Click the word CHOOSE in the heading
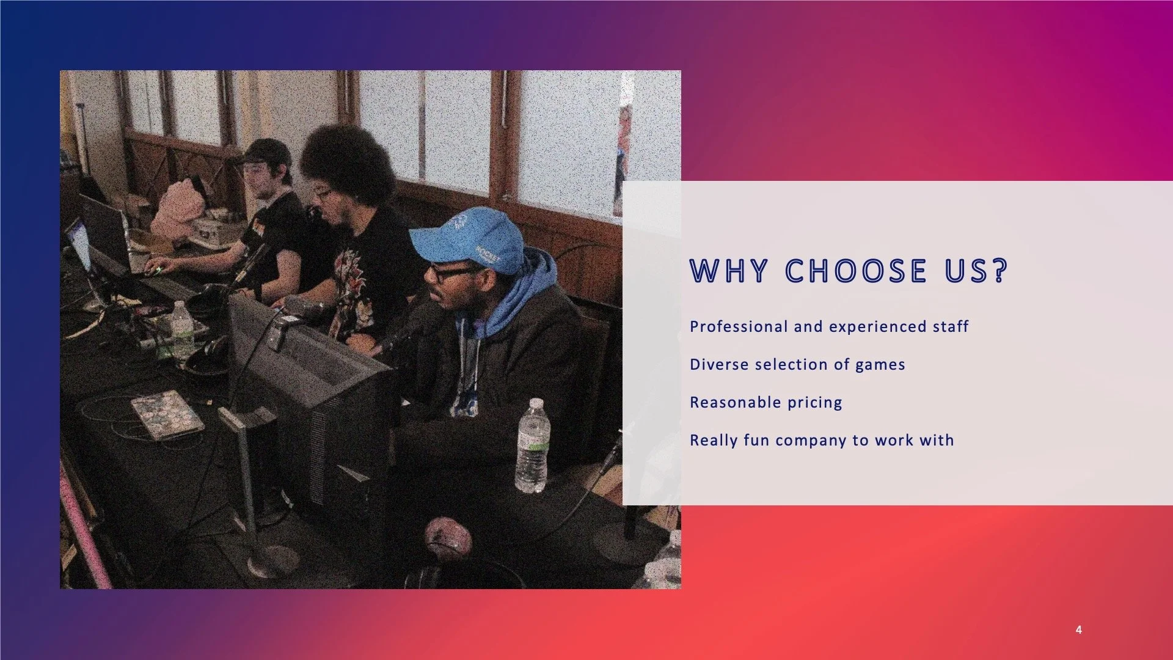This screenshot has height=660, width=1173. (855, 271)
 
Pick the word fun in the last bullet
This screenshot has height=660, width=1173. (756, 441)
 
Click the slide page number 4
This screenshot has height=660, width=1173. (1078, 630)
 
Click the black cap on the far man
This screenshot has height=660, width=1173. (266, 151)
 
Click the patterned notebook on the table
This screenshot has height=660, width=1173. (167, 414)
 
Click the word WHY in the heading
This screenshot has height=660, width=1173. (728, 271)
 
